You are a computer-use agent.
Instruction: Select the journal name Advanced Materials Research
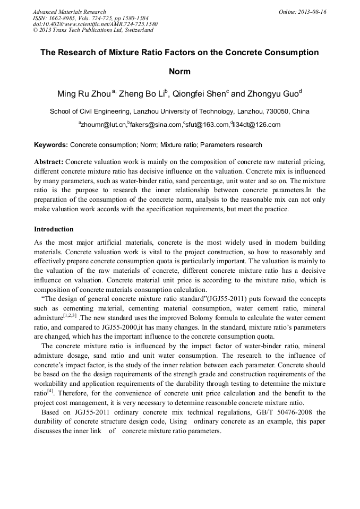(69, 12)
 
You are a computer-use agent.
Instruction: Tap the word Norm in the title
(179, 71)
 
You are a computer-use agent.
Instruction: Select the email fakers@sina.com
(156, 125)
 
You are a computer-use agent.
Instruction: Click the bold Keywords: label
(51, 144)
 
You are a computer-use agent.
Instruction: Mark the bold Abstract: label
(49, 161)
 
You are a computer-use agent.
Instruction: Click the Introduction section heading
(54, 229)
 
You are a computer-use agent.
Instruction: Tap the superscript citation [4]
(50, 391)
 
